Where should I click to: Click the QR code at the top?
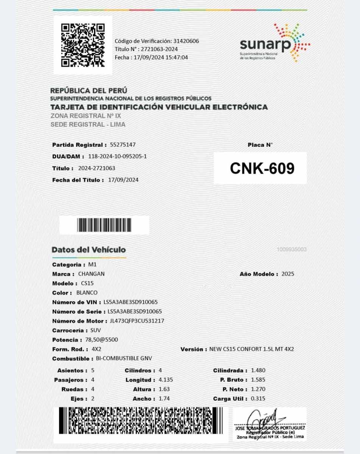[82, 45]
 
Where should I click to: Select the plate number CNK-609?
[262, 169]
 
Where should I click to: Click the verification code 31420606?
[186, 41]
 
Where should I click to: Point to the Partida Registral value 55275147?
[123, 145]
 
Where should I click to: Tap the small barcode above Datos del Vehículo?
[104, 225]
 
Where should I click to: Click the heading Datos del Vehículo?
[88, 250]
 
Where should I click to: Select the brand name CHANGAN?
[91, 274]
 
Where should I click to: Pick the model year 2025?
[288, 274]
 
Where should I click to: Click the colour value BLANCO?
[87, 293]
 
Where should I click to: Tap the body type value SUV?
[96, 330]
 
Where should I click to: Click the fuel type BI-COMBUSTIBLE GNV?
[124, 359]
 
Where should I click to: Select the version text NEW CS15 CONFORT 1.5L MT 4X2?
[251, 349]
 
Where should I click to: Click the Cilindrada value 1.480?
[258, 370]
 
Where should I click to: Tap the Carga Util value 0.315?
[258, 398]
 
